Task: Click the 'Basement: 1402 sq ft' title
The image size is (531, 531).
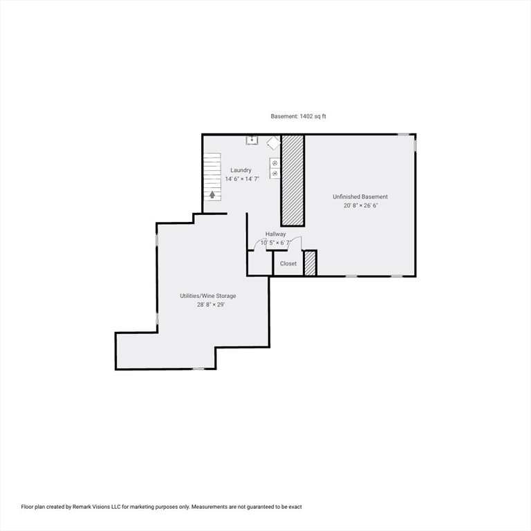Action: tap(298, 117)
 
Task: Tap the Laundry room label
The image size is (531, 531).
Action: tap(241, 170)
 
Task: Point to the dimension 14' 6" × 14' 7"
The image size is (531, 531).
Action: tap(241, 179)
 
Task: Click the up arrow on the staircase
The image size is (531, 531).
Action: tap(212, 195)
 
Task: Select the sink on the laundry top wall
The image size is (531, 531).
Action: tap(252, 140)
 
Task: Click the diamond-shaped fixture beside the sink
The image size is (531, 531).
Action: tap(273, 142)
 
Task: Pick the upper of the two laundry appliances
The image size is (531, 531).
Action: tap(274, 163)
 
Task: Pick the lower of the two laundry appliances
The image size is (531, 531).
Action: tap(274, 174)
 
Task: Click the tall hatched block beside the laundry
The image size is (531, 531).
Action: tap(292, 180)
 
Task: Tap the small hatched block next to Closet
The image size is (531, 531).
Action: tap(310, 263)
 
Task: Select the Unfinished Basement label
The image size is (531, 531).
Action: tap(360, 197)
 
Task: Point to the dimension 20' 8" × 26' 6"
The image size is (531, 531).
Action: tap(360, 205)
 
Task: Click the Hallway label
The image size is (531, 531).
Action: tap(275, 234)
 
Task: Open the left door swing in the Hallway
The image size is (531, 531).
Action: tap(261, 244)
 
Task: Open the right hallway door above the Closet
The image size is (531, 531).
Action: tap(295, 243)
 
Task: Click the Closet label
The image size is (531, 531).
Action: tap(288, 263)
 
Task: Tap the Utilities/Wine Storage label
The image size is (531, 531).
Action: tap(207, 296)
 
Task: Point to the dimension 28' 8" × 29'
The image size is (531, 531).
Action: tap(207, 304)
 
